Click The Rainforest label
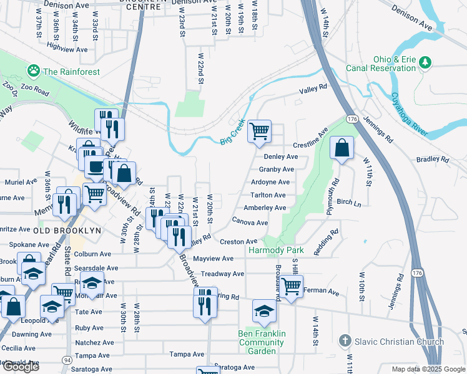pyautogui.click(x=71, y=72)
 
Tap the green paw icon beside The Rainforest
pyautogui.click(x=33, y=72)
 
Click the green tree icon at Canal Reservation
pyautogui.click(x=426, y=62)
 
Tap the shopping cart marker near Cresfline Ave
pyautogui.click(x=259, y=131)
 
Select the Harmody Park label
pyautogui.click(x=275, y=250)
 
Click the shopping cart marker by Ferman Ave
pyautogui.click(x=291, y=286)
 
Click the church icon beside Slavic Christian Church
pyautogui.click(x=344, y=341)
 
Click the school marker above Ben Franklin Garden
pyautogui.click(x=264, y=311)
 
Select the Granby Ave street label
pyautogui.click(x=277, y=170)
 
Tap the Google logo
pyautogui.click(x=21, y=367)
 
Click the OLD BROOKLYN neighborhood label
pyautogui.click(x=67, y=231)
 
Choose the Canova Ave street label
pyautogui.click(x=250, y=223)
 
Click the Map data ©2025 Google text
pyautogui.click(x=428, y=369)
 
